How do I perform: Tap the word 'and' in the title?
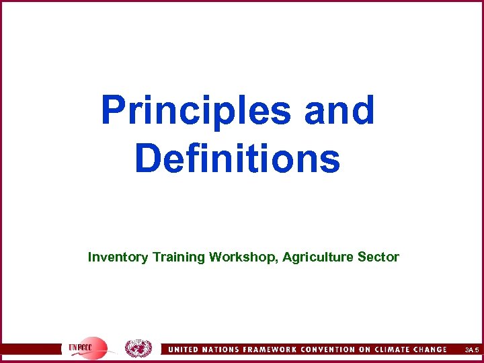coord(339,110)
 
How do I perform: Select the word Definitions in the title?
coord(237,159)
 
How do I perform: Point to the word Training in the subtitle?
coord(179,257)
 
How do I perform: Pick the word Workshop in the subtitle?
coord(243,257)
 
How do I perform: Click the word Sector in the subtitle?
coord(381,257)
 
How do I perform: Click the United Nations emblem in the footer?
coord(138,349)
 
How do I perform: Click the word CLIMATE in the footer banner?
coord(401,350)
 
